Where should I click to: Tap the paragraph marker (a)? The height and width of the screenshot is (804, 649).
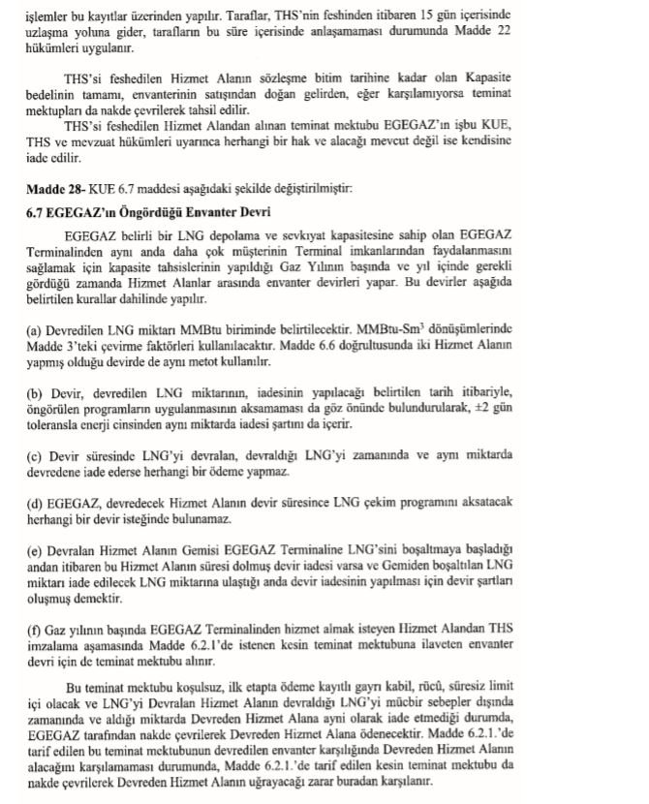click(35, 331)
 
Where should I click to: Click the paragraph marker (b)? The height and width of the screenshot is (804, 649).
click(36, 391)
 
